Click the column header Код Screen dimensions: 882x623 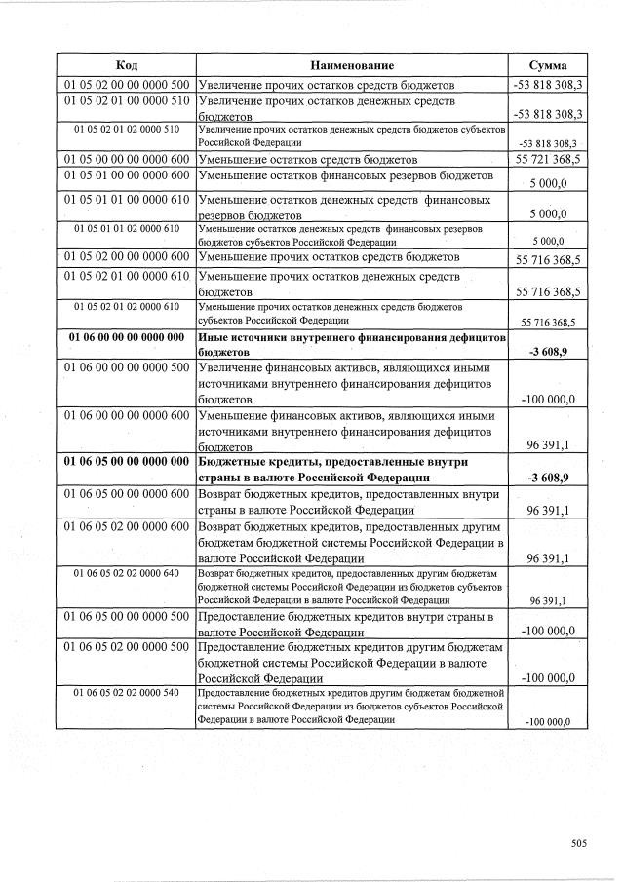[126, 65]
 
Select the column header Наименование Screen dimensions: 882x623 [352, 65]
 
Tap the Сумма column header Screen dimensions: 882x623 [547, 65]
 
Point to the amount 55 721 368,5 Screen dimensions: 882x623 [548, 159]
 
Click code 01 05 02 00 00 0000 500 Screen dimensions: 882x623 [126, 85]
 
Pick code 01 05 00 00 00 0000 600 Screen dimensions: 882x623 [126, 158]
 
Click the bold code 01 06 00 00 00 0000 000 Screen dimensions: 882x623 [126, 336]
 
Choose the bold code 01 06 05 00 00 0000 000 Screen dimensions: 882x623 [126, 461]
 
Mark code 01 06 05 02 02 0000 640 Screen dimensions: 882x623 [126, 573]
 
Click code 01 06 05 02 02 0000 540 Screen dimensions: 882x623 [126, 692]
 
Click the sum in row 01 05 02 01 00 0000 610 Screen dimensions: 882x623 [548, 291]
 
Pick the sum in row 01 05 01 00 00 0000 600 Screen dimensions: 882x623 [551, 182]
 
